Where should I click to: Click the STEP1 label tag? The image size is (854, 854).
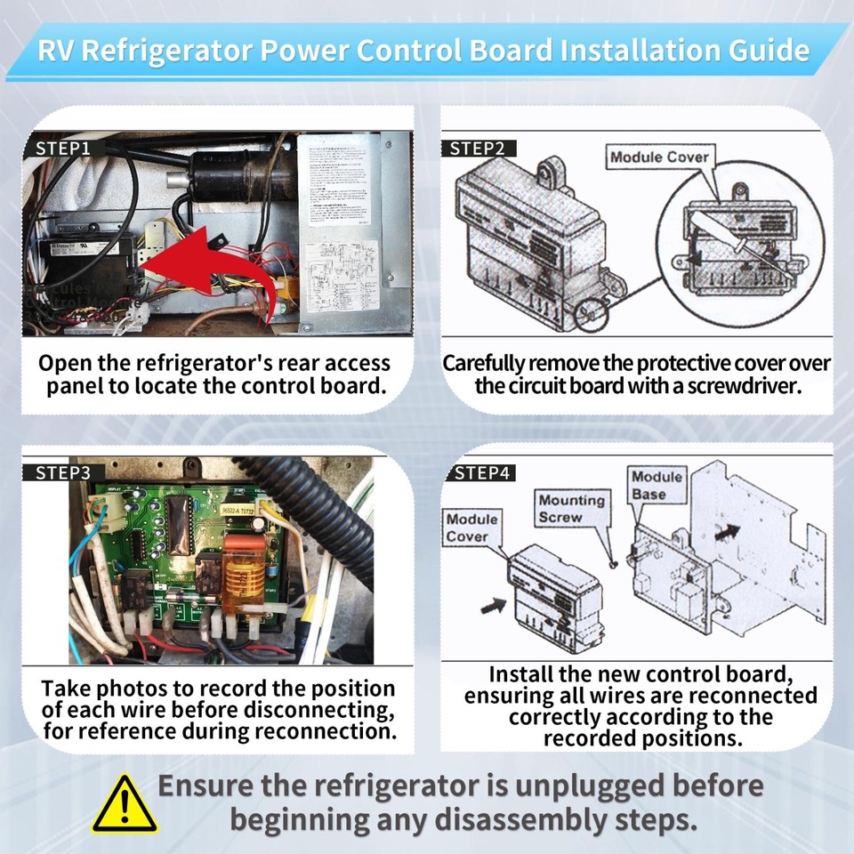(63, 149)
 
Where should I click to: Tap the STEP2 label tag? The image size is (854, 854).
(478, 149)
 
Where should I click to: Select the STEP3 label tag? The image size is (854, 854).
(63, 473)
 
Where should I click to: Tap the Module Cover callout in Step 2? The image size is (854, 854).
(659, 157)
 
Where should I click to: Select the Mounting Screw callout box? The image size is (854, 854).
(571, 509)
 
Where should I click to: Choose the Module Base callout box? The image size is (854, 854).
(657, 486)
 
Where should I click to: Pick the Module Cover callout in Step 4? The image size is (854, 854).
(472, 528)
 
